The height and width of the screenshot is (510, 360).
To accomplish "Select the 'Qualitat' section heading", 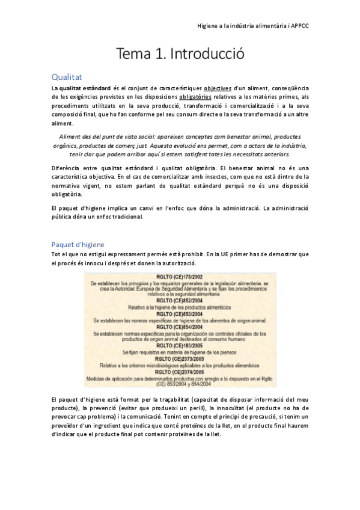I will (67, 77).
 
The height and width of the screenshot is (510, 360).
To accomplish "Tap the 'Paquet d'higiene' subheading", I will (78, 244).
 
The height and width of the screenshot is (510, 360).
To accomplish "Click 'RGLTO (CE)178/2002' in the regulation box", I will (180, 277).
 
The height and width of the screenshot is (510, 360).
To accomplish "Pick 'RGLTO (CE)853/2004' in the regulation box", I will (180, 314).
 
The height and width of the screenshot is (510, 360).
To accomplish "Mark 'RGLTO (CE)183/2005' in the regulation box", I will (180, 346).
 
